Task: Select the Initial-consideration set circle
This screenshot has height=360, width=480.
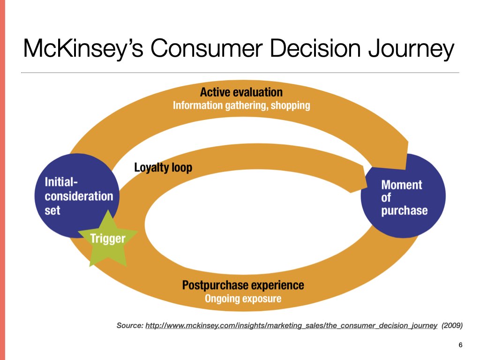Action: tap(76, 196)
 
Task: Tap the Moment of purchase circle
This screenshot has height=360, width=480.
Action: tap(404, 196)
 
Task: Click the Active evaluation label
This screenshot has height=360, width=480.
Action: tap(241, 92)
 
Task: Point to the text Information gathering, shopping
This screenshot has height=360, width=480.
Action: tap(241, 105)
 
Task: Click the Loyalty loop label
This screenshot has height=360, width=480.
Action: tap(163, 167)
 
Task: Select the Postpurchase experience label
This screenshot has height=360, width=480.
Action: tap(243, 285)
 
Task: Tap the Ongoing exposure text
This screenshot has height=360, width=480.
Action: tap(243, 299)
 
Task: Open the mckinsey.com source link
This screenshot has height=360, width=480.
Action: tap(291, 325)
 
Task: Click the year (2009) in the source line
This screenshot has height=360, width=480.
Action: tap(452, 325)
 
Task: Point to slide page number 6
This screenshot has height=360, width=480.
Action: tap(460, 345)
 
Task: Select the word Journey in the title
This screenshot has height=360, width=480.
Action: tap(411, 49)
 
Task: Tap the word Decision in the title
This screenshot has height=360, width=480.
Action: tap(315, 48)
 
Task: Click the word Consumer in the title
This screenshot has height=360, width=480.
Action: tap(207, 48)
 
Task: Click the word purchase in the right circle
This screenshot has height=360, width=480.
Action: tap(405, 210)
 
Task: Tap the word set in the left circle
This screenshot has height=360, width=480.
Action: tap(52, 210)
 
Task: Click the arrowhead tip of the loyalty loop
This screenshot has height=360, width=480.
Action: tap(367, 187)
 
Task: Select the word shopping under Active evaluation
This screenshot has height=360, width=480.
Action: tap(291, 105)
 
